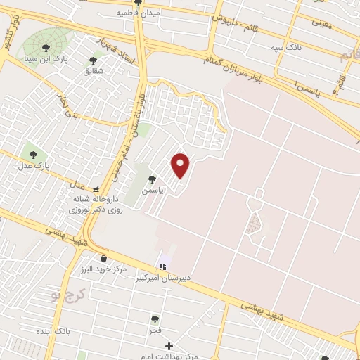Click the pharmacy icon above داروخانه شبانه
96,189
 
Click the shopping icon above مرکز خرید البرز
103,258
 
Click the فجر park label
155,330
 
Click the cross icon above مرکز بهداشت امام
169,346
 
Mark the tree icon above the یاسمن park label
153,179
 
